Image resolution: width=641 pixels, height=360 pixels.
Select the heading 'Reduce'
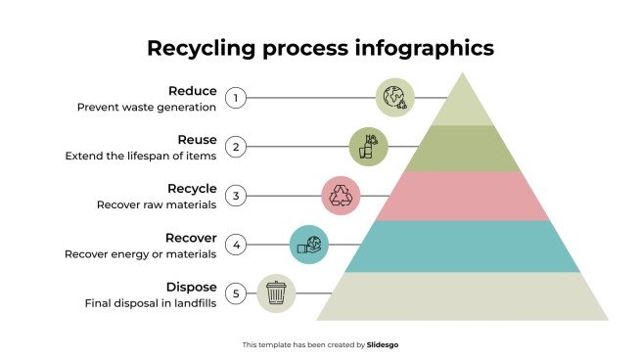192,91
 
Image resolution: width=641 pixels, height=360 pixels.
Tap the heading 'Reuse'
197,140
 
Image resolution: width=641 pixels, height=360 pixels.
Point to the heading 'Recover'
190,237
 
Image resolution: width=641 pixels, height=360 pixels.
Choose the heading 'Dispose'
191,286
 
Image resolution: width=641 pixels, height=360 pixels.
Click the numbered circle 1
235,98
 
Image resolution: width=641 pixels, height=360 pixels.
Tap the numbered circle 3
235,196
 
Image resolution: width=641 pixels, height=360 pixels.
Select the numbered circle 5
235,293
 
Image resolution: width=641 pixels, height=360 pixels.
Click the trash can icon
277,292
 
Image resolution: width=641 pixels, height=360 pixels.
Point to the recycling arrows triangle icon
342,196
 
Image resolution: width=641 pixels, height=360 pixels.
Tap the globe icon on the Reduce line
395,98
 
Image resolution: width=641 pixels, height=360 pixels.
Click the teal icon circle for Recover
309,244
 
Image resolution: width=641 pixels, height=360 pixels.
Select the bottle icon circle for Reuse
369,147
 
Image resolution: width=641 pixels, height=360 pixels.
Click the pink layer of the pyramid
463,196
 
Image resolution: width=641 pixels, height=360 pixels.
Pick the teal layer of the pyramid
463,245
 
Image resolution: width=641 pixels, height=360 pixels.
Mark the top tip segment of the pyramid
463,104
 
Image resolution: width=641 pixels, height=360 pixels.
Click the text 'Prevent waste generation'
147,108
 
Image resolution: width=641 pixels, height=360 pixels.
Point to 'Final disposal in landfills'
150,303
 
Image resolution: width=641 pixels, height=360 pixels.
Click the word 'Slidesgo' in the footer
383,344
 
